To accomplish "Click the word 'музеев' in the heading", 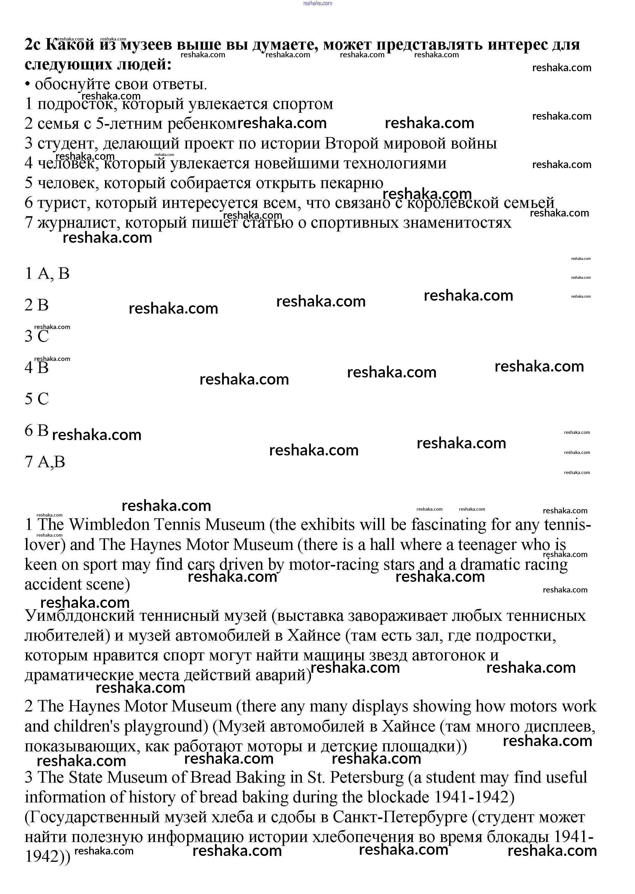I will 145,45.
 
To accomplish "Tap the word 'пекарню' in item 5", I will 351,183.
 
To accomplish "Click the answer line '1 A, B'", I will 47,273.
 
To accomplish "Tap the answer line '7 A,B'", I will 45,462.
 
